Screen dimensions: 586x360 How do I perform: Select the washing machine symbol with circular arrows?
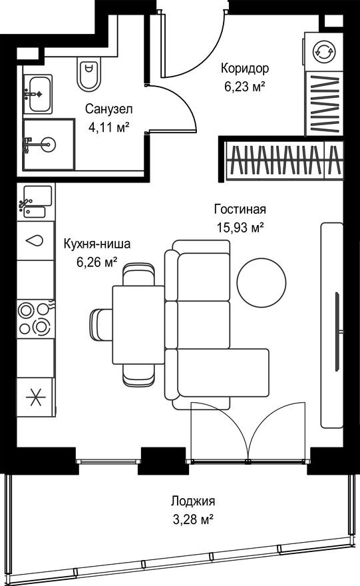(324, 52)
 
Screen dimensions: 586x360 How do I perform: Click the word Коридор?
(246, 68)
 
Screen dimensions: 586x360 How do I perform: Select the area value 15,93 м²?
(240, 227)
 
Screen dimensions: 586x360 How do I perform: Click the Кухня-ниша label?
(97, 244)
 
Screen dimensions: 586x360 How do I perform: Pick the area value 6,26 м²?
(97, 261)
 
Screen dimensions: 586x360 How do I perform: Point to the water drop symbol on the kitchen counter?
(35, 241)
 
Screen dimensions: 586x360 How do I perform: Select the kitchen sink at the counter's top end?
(35, 200)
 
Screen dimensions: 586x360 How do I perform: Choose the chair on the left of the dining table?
(101, 324)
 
